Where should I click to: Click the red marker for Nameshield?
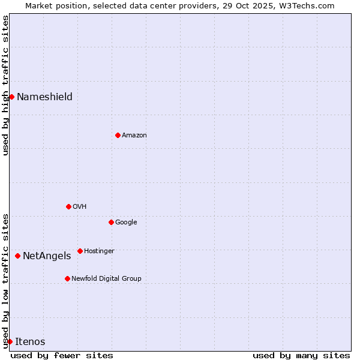[x=11, y=97]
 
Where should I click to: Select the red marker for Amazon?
[x=118, y=135]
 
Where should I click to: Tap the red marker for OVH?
[x=68, y=206]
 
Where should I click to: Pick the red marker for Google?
[x=111, y=222]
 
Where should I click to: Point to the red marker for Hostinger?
[x=80, y=251]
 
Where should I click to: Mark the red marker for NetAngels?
[x=17, y=256]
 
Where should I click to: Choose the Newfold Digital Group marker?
[x=67, y=278]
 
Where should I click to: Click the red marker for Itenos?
[x=10, y=341]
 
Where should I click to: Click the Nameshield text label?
[x=44, y=97]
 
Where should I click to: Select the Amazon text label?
[x=134, y=136]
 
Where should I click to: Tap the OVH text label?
[x=80, y=207]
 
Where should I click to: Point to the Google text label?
[x=126, y=223]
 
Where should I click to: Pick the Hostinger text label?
[x=99, y=251]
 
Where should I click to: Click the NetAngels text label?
[x=47, y=256]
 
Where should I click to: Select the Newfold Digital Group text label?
[x=106, y=279]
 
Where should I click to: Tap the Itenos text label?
[x=30, y=342]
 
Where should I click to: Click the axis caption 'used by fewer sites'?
[x=62, y=355]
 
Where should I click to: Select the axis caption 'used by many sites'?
[x=301, y=355]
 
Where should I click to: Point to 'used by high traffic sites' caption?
[x=5, y=85]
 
